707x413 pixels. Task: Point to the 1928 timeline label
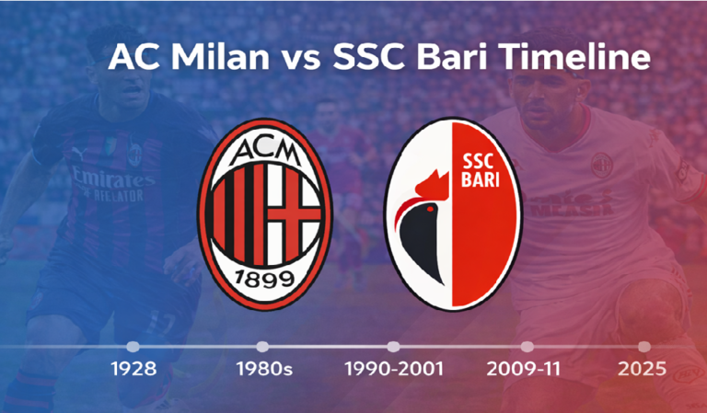click(x=133, y=370)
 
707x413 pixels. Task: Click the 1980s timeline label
click(x=263, y=370)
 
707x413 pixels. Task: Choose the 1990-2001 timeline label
click(x=394, y=370)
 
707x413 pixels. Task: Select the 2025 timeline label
click(x=643, y=370)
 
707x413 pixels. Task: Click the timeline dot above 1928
click(x=133, y=347)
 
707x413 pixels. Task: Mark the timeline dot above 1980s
click(x=263, y=347)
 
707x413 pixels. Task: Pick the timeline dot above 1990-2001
click(x=394, y=347)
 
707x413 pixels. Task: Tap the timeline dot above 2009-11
click(x=527, y=347)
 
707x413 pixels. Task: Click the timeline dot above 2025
click(x=644, y=347)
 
